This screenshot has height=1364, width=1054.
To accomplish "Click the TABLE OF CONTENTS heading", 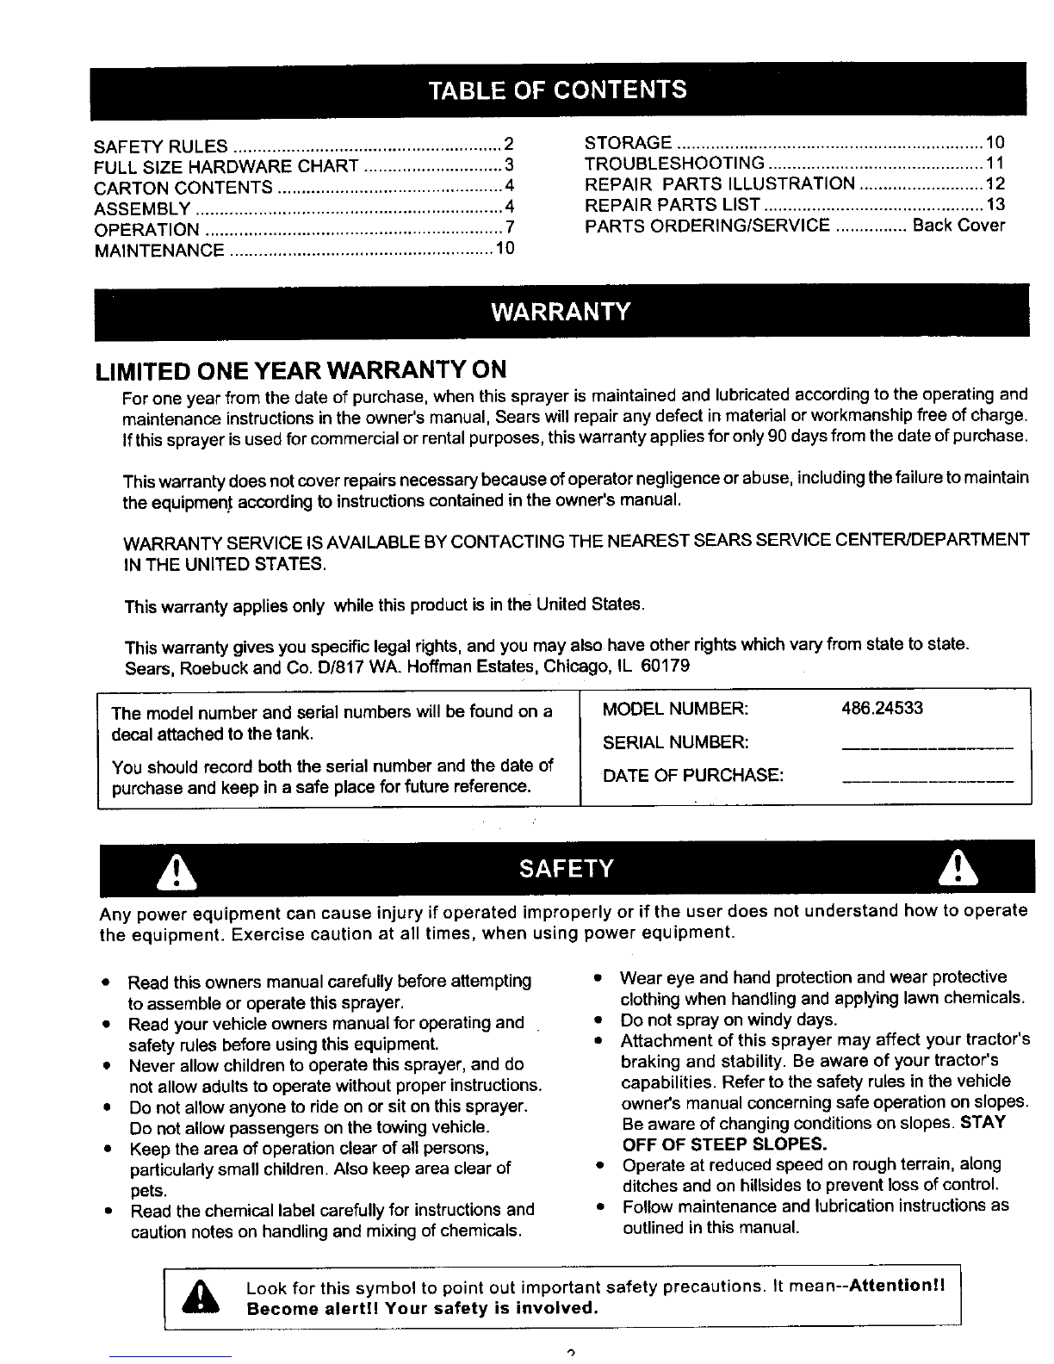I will point(559,90).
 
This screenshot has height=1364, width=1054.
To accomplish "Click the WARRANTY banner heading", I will point(561,311).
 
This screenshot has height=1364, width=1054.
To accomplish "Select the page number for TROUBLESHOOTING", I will point(995,164).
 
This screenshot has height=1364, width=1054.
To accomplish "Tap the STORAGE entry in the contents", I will point(628,143).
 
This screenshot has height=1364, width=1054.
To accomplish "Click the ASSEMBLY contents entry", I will point(142,209).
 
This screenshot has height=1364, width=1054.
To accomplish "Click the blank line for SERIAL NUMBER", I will point(927,747).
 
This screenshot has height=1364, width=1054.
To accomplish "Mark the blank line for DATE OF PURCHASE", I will point(927,780).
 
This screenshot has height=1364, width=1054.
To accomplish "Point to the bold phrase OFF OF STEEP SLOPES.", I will point(724,1144).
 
